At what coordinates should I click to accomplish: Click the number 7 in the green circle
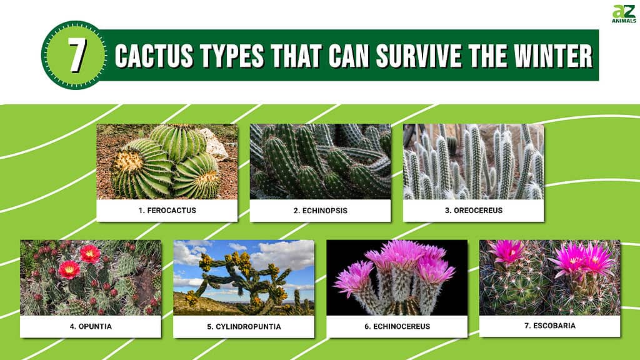77,55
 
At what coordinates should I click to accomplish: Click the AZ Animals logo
624,14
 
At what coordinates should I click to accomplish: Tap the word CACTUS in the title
154,56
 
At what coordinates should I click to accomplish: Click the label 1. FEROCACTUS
167,211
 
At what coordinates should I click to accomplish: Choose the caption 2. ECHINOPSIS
321,211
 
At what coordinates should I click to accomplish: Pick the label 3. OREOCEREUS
474,211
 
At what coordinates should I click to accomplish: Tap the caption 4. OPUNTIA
91,326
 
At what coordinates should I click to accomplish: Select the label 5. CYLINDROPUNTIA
244,326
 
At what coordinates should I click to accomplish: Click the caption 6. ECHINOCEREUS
397,326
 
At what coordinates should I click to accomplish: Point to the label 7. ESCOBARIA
550,326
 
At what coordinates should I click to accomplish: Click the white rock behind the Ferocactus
213,144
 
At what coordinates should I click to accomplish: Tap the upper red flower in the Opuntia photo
90,254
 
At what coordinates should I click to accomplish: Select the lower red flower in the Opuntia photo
69,270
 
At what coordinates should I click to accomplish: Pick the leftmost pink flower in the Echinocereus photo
354,278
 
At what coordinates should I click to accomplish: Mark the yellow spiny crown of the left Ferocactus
128,161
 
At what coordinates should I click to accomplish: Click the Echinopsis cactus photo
320,162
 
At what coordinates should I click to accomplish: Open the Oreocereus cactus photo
474,162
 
